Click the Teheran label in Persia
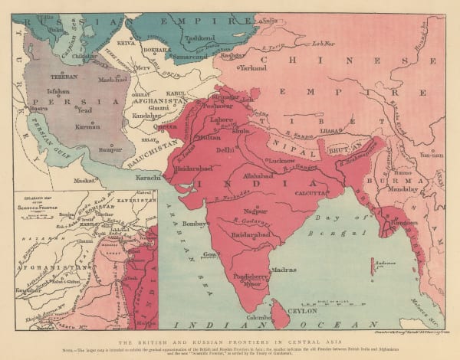[x=61, y=77]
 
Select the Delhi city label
[x=224, y=151]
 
